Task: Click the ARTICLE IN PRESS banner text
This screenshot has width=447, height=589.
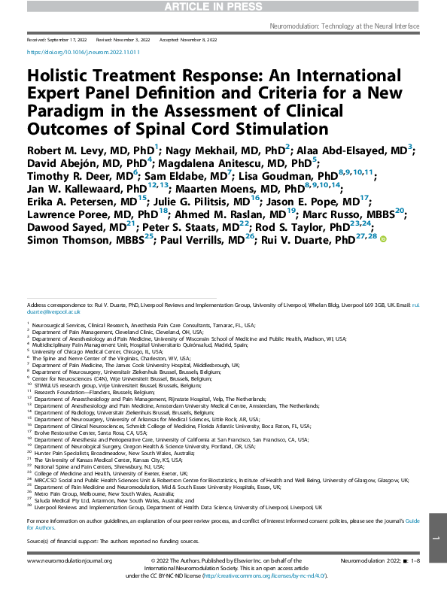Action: (x=223, y=7)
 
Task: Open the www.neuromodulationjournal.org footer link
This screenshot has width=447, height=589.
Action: (x=69, y=561)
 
